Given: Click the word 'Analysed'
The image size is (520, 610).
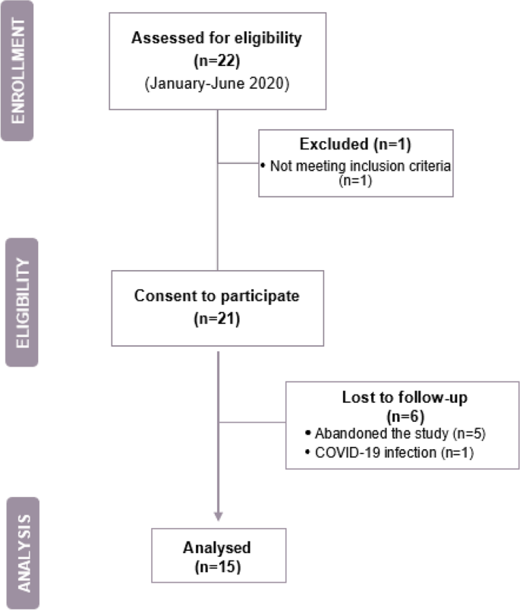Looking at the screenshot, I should click(218, 546).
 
